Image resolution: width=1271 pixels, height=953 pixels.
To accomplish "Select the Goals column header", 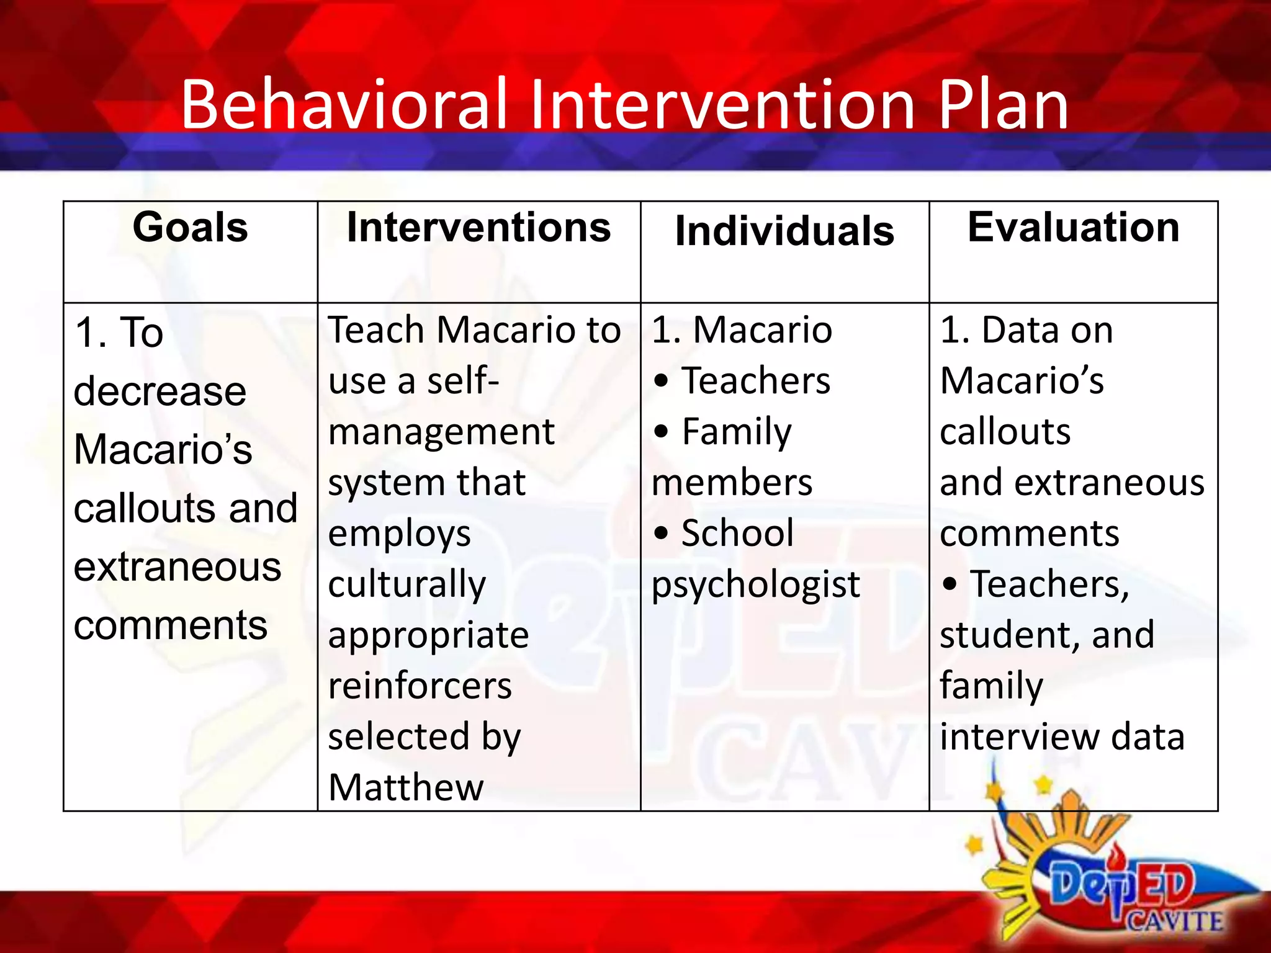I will point(190,227).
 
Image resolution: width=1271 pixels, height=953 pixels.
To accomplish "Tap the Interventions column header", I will point(478,227).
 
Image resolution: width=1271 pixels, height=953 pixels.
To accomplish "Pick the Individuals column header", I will point(784,231).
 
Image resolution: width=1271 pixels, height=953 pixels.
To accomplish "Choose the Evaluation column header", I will point(1073,227).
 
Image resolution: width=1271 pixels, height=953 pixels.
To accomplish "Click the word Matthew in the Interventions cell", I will point(406,787).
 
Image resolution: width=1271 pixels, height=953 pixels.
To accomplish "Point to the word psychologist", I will point(755,584).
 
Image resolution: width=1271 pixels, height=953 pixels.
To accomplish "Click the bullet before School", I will point(662,533).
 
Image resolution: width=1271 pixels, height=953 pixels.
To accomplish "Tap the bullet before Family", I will point(662,431).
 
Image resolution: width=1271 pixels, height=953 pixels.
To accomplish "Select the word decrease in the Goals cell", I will point(160,391).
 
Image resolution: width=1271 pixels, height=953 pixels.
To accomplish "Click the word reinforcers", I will point(420,686).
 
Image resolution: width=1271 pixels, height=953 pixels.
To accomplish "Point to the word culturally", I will point(407,584).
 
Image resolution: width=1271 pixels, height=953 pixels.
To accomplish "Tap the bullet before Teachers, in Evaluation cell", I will point(950,584).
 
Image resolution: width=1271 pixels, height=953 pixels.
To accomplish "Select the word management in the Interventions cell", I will point(441,432).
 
